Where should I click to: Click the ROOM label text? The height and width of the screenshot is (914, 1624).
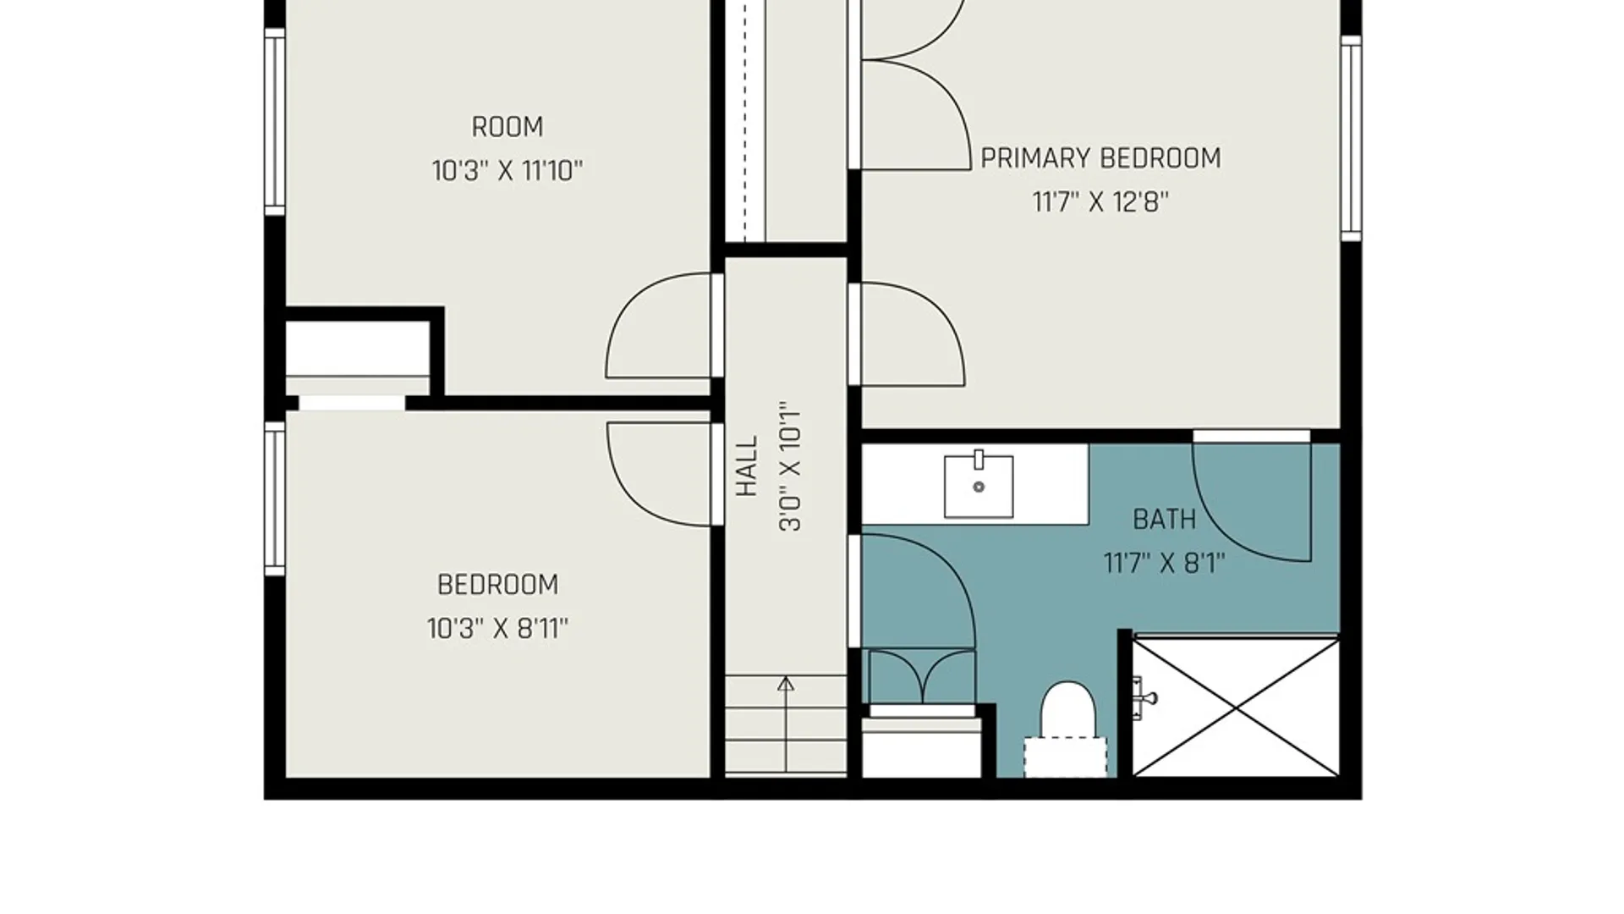click(507, 127)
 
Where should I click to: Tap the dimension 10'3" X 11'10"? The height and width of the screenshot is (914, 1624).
click(507, 171)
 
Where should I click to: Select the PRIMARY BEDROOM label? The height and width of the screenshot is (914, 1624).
click(1100, 158)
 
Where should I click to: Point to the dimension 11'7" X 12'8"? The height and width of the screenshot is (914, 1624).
click(1100, 202)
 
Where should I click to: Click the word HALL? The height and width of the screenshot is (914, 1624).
click(747, 466)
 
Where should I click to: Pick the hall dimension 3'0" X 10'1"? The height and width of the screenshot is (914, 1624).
click(790, 466)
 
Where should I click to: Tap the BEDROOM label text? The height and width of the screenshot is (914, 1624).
click(497, 585)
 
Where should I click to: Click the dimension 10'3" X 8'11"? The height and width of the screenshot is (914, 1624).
click(497, 629)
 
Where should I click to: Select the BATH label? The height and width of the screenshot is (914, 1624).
click(1165, 519)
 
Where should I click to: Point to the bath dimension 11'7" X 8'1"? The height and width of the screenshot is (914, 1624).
click(1165, 563)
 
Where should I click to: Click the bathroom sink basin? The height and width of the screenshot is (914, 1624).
click(979, 485)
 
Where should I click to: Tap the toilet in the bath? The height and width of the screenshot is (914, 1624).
click(1067, 729)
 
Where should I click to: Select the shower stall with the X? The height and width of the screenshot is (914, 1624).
click(1237, 708)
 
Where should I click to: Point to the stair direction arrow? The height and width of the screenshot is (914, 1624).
click(786, 724)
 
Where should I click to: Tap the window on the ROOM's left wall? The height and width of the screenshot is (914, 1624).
click(275, 122)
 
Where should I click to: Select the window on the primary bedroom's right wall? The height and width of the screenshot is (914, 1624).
click(1352, 138)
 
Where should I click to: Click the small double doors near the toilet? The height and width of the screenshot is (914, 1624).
click(922, 677)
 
